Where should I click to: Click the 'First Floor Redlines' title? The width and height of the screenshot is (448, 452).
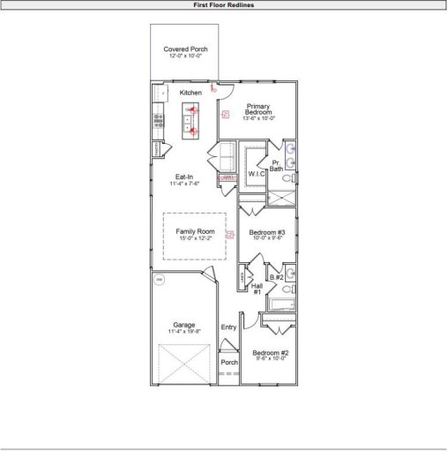[224, 4]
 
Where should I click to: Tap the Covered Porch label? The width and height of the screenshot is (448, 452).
[185, 49]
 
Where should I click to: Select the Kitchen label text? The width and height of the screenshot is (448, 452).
[190, 93]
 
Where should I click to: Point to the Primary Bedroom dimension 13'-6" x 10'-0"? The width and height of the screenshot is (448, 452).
[258, 118]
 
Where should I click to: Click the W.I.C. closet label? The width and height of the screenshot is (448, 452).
[257, 174]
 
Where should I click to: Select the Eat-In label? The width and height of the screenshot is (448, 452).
[184, 177]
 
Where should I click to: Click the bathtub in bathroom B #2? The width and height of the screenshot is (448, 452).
[282, 305]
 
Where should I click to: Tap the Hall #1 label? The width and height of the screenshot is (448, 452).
[257, 289]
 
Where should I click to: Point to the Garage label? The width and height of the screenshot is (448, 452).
[184, 324]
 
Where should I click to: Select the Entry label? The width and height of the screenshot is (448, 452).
[229, 328]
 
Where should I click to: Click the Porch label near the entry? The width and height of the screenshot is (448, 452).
[229, 362]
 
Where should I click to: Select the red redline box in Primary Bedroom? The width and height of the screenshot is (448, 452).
[225, 113]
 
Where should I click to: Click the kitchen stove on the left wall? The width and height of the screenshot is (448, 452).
[158, 121]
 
